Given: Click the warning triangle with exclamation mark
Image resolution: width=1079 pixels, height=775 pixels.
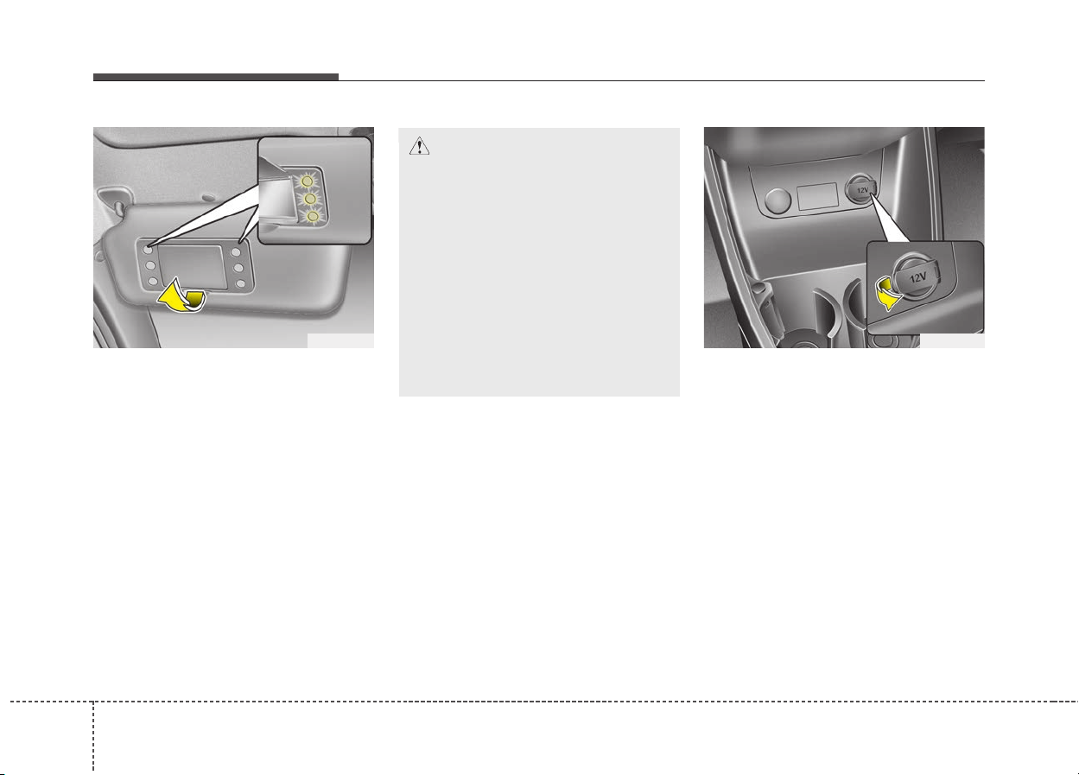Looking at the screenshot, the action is [419, 146].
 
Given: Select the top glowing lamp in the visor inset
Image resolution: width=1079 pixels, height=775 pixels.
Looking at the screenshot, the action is [307, 181].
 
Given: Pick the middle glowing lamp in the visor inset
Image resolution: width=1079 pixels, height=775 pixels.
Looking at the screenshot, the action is [310, 199].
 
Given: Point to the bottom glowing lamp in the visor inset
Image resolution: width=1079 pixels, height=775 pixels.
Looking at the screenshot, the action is [313, 217].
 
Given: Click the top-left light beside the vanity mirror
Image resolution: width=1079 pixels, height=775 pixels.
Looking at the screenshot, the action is [149, 250].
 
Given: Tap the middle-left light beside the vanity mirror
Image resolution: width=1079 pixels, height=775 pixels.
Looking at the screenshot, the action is [150, 265].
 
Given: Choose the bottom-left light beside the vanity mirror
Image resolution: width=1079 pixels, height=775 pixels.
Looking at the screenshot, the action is [153, 281].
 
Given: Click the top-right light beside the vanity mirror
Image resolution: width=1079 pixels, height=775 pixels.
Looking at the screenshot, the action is [236, 252].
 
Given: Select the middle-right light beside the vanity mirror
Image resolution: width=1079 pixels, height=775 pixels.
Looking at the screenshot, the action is [238, 268].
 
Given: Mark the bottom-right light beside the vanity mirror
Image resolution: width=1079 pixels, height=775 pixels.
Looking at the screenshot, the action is [241, 283].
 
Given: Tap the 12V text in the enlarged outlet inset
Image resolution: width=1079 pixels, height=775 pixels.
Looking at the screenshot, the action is [918, 277].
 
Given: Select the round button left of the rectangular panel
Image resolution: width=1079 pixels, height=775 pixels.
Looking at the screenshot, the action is [778, 200].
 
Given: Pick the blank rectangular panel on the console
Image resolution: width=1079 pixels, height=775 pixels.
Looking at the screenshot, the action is [817, 196].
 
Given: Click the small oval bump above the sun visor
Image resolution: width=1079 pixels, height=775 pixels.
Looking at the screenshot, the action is [208, 197].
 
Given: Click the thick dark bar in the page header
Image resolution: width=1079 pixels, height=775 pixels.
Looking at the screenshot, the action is [216, 77].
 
